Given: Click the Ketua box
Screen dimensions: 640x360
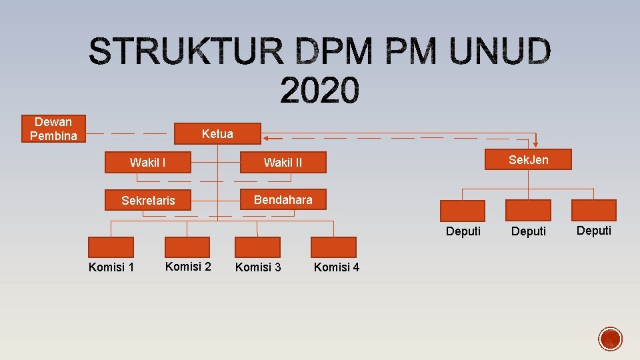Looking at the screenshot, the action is coord(217,133).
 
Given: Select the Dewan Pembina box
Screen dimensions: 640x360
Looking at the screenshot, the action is coord(53,129).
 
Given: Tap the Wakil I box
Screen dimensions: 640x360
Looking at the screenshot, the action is coord(148,162).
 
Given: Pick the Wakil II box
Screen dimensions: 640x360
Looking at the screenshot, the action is coord(283,162).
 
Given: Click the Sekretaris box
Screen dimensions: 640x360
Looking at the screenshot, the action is coord(148,200).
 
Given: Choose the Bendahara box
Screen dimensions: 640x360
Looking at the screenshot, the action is coord(283,199).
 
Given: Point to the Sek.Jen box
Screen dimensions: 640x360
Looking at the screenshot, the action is coord(528,159).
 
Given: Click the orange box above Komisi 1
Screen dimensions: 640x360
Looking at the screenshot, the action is coord(111,247).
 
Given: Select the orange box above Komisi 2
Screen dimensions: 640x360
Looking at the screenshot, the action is coord(188,247).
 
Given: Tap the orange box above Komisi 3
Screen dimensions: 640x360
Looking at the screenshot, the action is coord(258,247).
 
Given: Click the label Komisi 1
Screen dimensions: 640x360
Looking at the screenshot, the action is coord(111,267).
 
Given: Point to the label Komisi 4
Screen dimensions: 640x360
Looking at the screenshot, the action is coord(337,267).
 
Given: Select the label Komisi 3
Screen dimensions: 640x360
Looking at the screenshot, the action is coord(258,267).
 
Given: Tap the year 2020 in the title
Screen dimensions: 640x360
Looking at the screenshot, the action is coord(319,91).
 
